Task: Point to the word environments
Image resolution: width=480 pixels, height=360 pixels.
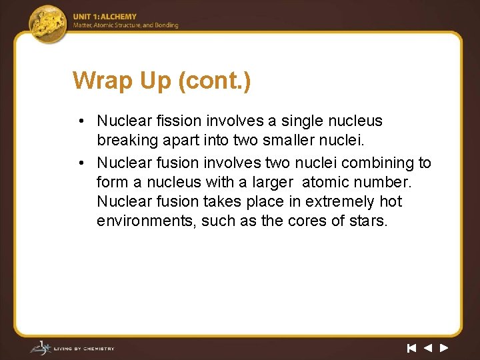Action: pos(142,221)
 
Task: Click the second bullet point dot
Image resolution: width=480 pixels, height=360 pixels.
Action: pos(79,163)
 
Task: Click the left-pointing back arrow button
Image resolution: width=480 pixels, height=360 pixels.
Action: pos(428,347)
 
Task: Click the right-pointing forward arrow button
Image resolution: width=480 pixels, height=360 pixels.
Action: pos(444,347)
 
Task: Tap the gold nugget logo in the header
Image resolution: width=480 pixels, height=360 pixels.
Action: pos(48,22)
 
